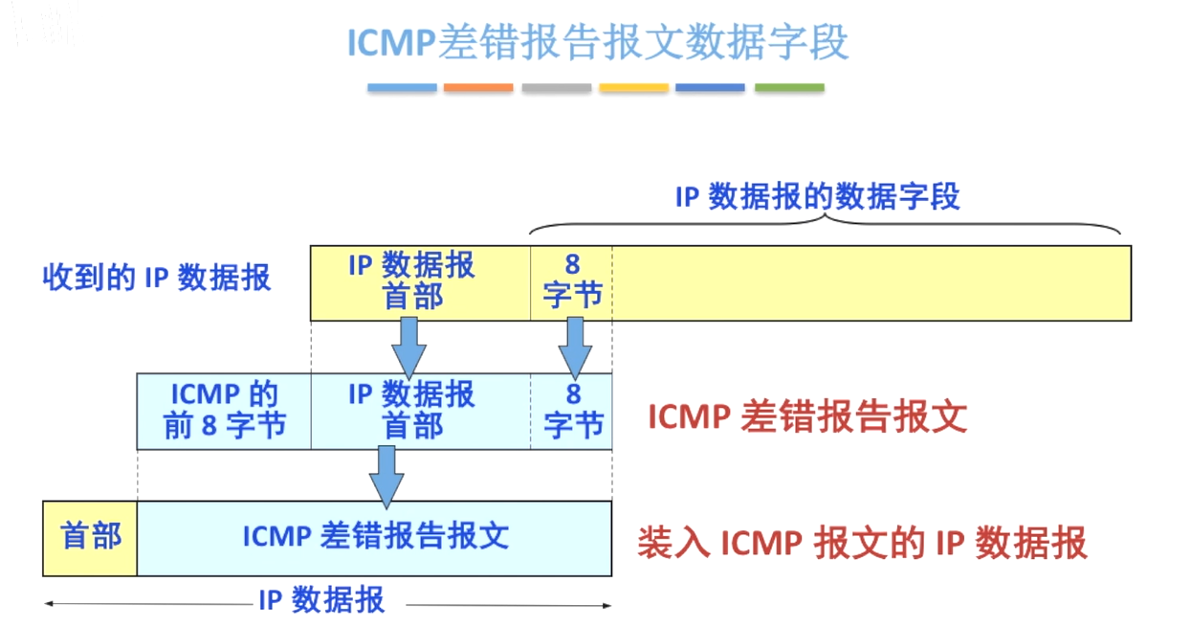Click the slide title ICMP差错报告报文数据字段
tap(598, 42)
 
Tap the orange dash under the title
tap(478, 87)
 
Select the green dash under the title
tap(789, 87)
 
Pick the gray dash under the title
tap(556, 87)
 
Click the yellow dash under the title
tap(634, 87)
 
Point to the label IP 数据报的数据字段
tap(817, 196)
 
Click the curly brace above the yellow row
tap(825, 223)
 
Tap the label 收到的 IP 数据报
tap(157, 278)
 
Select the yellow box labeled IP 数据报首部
tap(420, 283)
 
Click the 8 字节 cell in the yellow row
tap(571, 283)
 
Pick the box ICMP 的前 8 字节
tap(224, 412)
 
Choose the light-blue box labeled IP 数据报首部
tap(421, 412)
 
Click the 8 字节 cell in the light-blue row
tap(571, 412)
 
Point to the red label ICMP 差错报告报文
tap(807, 416)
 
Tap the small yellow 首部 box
tap(90, 538)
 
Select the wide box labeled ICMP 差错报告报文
tap(374, 538)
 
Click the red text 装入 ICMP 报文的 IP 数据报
tap(863, 543)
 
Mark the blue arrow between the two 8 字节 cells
tap(575, 348)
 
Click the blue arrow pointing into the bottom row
tap(386, 477)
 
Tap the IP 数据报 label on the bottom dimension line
tap(321, 600)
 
